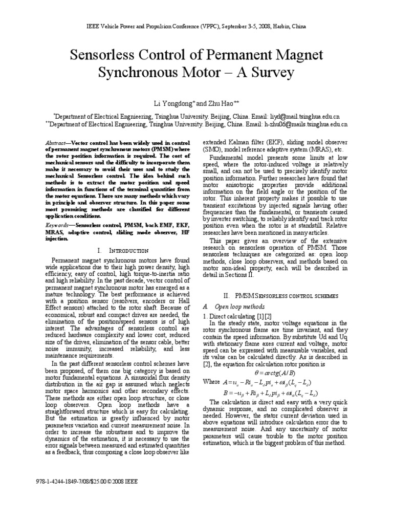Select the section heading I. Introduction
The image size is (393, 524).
123,250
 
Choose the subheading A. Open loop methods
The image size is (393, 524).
233,307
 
